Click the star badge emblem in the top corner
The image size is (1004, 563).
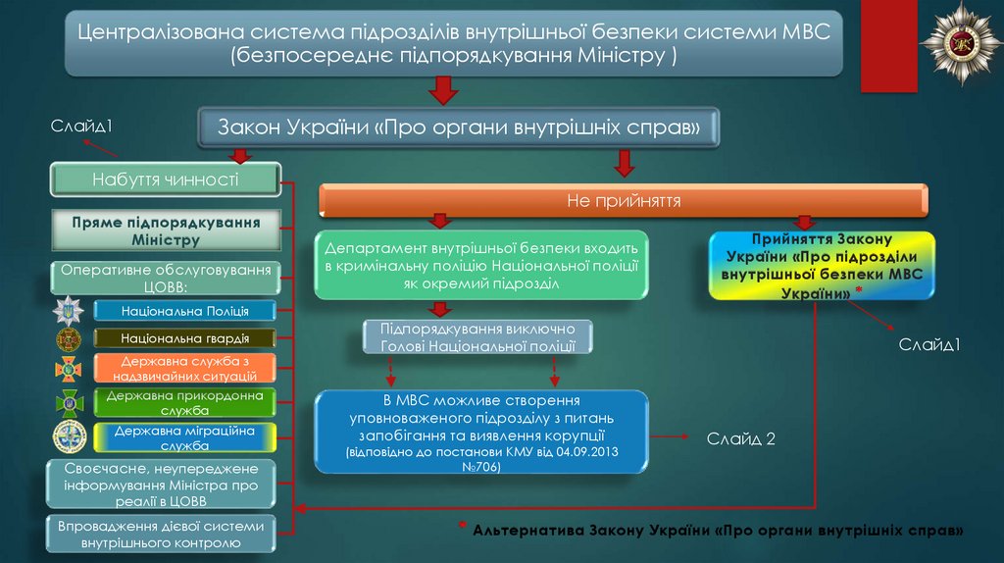click(x=959, y=43)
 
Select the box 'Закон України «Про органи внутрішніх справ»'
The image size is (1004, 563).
click(x=459, y=128)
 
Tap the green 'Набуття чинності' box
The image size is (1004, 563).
click(x=165, y=180)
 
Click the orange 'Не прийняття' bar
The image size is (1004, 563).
click(x=624, y=201)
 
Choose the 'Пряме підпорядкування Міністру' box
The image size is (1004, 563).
click(x=165, y=231)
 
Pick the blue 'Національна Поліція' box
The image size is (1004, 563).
click(x=185, y=311)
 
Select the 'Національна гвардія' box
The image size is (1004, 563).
click(x=185, y=338)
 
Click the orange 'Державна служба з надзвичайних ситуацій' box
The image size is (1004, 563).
click(x=185, y=368)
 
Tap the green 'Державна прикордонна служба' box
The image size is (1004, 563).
click(x=185, y=402)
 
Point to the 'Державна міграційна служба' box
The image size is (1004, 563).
click(x=185, y=437)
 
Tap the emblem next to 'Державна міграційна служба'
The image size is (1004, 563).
click(x=70, y=436)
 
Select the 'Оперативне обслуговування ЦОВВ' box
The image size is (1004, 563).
click(x=165, y=277)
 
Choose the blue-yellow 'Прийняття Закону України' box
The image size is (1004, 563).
click(x=822, y=265)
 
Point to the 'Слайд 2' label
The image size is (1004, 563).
click(x=741, y=438)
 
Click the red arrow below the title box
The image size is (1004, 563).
click(x=444, y=90)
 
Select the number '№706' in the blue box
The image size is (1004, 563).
click(x=481, y=468)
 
